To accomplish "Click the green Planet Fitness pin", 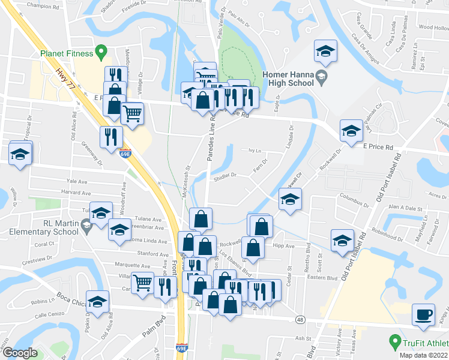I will [101, 53].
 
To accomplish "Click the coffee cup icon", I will [424, 315].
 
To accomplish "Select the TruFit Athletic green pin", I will [394, 343].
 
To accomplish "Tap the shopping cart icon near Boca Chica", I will [142, 283].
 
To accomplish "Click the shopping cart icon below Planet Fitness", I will [132, 112].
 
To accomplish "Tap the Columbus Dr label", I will [352, 196].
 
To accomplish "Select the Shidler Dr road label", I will [226, 176].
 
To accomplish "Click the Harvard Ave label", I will [76, 193].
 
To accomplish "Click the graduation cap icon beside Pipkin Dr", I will [97, 301].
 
